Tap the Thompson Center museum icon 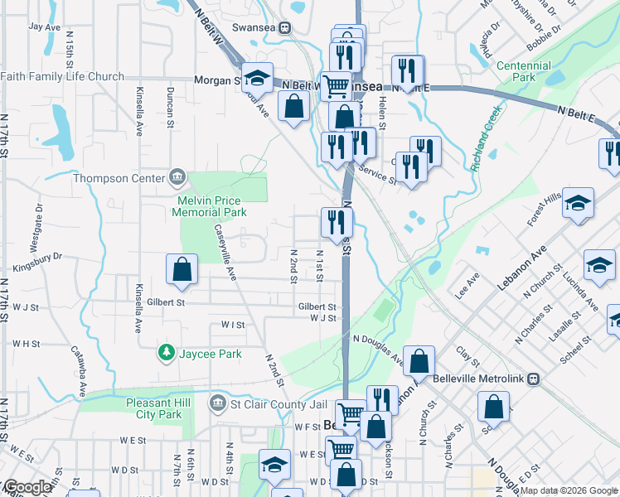(177, 177)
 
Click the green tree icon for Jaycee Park (167, 354)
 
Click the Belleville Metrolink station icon (533, 379)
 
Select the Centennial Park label (523, 71)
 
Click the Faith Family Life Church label (62, 77)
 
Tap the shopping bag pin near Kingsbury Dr (182, 269)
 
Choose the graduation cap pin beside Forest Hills (578, 203)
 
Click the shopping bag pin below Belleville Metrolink (493, 407)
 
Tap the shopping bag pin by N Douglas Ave (419, 361)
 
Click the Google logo (27, 487)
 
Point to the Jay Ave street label (45, 27)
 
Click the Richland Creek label (487, 138)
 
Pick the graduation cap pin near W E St (274, 465)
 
